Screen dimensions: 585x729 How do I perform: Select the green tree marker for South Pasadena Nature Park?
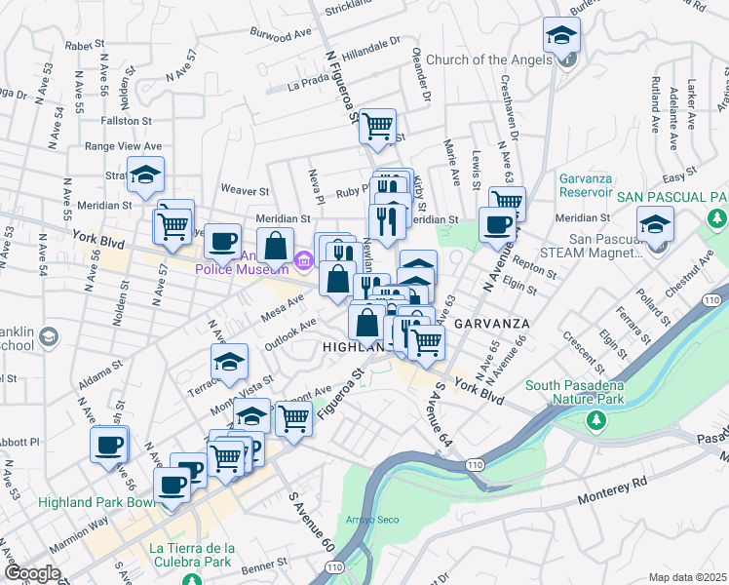click(595, 420)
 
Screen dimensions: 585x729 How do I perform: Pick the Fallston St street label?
click(127, 121)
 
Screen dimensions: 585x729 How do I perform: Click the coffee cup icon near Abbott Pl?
click(109, 445)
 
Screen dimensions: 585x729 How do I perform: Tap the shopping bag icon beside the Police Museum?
click(276, 246)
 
